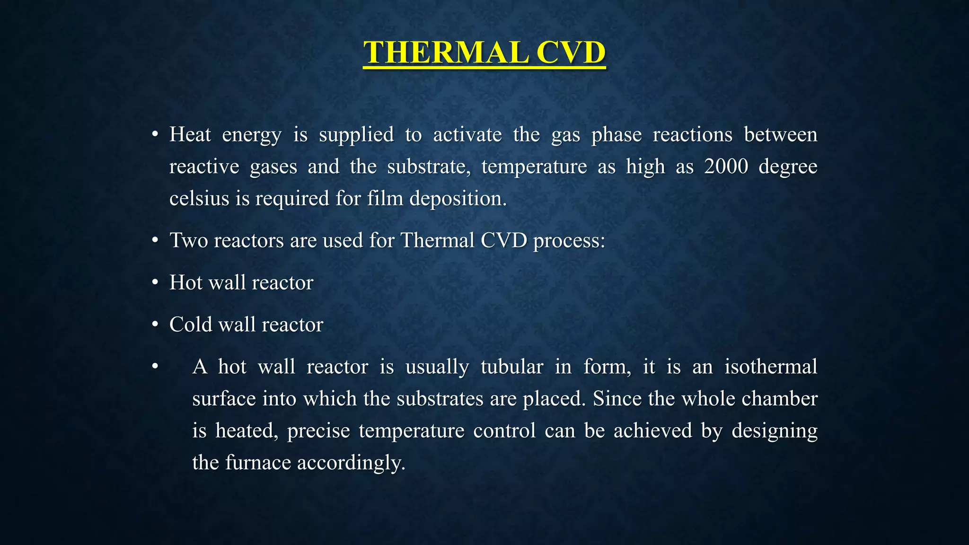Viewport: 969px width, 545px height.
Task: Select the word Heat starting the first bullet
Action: (190, 135)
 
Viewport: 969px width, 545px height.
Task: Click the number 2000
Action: (726, 167)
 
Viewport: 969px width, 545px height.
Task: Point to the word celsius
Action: (199, 198)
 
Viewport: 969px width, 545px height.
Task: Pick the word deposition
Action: (458, 198)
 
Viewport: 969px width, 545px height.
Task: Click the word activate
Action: (467, 135)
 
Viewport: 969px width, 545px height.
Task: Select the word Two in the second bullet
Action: (188, 240)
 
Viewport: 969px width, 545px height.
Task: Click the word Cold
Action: (190, 325)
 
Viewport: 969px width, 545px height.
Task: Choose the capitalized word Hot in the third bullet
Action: (186, 282)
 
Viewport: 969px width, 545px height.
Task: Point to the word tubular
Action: (511, 367)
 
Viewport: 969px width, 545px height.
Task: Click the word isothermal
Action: (771, 367)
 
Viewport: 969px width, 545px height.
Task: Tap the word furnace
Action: (258, 463)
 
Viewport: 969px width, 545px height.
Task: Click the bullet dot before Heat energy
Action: (155, 135)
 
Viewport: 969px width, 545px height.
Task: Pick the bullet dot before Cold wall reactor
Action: (155, 325)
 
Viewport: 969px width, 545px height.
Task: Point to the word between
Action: (781, 135)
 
